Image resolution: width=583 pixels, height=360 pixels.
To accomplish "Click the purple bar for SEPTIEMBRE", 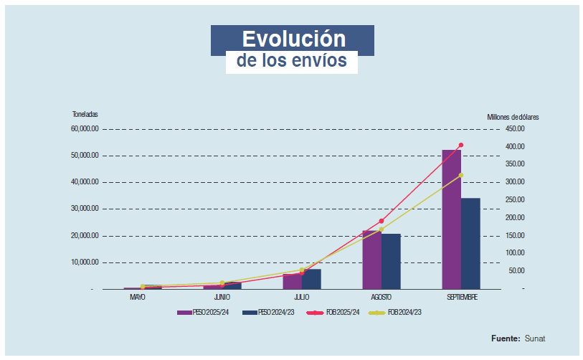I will [451, 219].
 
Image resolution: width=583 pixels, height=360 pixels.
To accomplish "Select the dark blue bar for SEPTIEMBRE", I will [470, 243].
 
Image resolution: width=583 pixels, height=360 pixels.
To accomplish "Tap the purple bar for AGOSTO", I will [371, 260].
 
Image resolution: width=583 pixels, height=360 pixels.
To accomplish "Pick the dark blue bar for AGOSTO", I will [391, 261].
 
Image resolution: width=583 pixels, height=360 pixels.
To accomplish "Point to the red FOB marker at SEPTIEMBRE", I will [461, 145].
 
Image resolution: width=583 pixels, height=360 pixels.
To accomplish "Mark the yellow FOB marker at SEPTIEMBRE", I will [461, 175].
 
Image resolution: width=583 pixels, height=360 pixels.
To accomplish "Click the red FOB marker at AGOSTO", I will [381, 221].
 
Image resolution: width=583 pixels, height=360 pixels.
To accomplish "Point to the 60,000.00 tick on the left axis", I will [85, 129].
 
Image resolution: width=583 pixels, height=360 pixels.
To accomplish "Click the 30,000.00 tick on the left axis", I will [85, 209].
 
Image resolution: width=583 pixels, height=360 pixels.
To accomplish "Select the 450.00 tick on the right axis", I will [515, 129].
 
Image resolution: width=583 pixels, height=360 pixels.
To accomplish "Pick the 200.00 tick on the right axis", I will [515, 217].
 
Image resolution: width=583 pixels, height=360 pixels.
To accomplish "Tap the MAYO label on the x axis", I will [138, 297].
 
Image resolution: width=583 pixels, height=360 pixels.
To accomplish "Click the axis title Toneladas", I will [85, 115].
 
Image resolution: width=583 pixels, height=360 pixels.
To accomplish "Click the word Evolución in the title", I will [293, 39].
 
